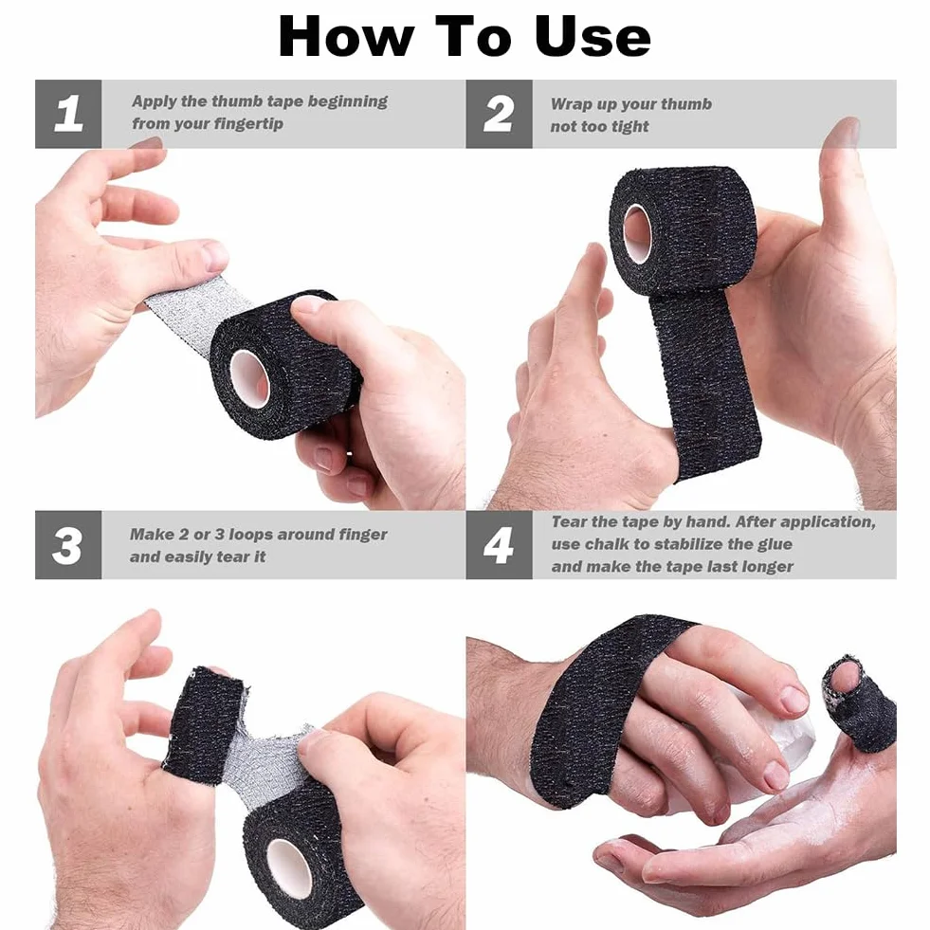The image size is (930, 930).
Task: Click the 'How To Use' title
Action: click(x=465, y=37)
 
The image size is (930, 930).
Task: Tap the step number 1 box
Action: click(x=68, y=114)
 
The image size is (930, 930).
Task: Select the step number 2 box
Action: click(x=499, y=114)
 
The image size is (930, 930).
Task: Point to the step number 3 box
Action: click(x=68, y=544)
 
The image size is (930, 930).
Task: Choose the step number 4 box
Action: click(x=499, y=544)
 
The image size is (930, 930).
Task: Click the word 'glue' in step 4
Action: click(x=775, y=545)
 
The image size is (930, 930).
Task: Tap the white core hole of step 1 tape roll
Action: click(x=249, y=379)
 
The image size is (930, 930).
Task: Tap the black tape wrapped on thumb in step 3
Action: click(x=199, y=722)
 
